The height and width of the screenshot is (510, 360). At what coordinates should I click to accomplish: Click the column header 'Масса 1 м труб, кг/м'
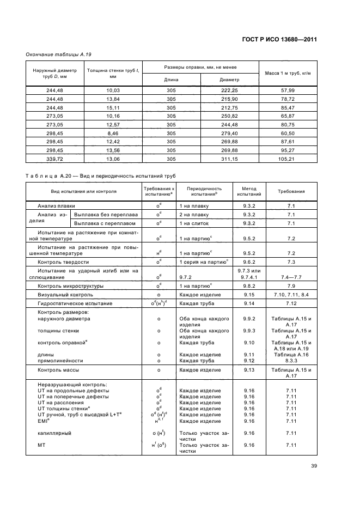[287, 74]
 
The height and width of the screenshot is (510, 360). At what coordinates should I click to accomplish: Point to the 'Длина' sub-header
[171, 79]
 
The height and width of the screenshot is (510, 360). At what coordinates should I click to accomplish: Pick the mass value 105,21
[287, 159]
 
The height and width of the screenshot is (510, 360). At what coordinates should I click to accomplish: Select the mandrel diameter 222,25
[230, 89]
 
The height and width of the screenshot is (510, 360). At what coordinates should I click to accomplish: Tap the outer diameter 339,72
[54, 159]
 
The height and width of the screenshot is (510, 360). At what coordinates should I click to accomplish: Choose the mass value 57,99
[287, 89]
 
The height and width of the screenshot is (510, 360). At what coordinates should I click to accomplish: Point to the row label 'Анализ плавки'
[56, 207]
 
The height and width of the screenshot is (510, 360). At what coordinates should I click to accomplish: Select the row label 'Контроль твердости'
[63, 262]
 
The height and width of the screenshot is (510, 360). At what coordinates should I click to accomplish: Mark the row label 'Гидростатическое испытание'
[75, 303]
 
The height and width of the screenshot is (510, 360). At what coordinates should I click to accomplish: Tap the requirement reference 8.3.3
[291, 361]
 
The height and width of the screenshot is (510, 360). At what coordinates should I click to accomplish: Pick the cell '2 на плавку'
[194, 215]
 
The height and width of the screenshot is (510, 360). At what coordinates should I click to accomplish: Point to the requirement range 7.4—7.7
[291, 277]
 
